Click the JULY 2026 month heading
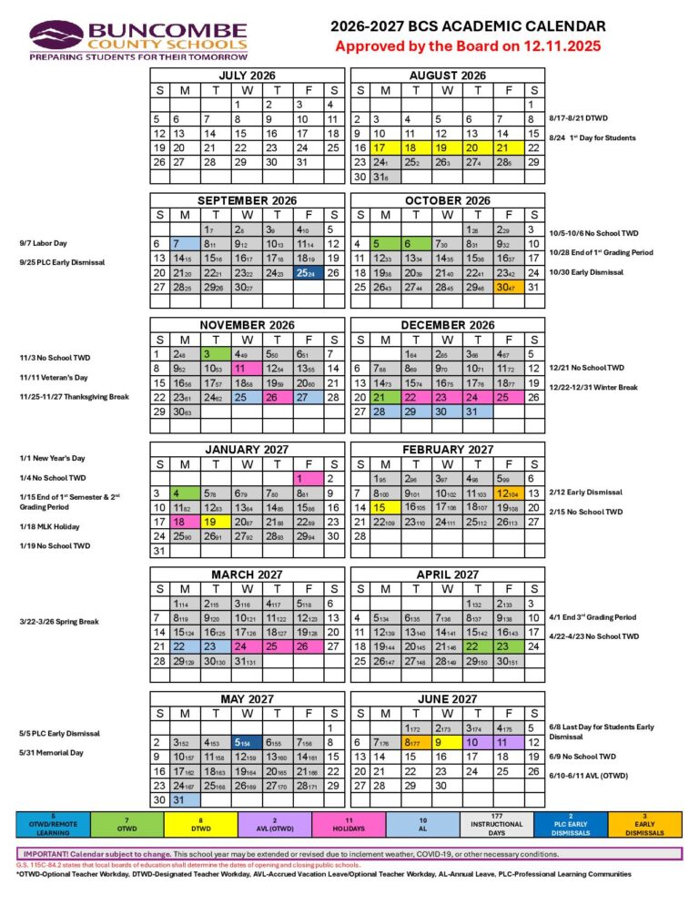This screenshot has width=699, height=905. pos(246,75)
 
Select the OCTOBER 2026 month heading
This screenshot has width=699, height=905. pos(448,200)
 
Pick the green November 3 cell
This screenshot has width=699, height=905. pos(215,353)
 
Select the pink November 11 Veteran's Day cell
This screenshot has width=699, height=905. pos(244,369)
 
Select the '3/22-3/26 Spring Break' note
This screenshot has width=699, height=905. pos(58,622)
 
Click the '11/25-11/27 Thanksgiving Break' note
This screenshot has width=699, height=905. pos(67,397)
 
